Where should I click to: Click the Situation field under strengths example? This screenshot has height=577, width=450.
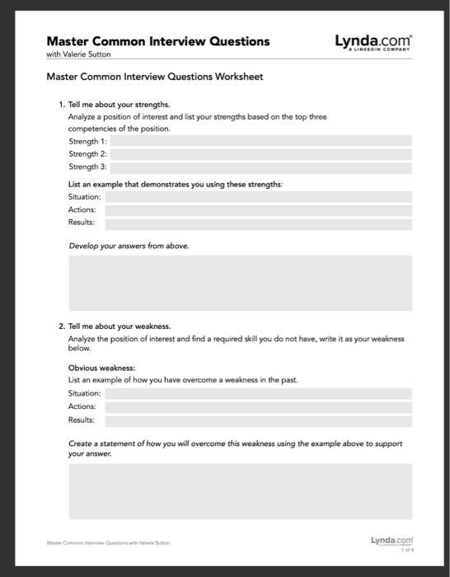[x=258, y=197]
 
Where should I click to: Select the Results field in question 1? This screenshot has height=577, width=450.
[x=258, y=223]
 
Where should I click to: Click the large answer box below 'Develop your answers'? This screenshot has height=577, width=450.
[x=240, y=283]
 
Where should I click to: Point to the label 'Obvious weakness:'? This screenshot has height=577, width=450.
[x=101, y=368]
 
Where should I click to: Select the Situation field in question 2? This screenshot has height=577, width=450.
[x=258, y=394]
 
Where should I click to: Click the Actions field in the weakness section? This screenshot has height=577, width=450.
[x=258, y=407]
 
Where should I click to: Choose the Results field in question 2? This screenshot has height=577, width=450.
[x=258, y=420]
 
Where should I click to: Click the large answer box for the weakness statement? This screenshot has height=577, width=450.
[x=240, y=491]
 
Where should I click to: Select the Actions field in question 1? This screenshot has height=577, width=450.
[x=258, y=210]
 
